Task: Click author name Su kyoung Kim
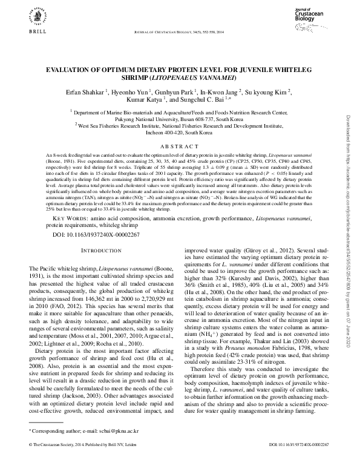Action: pyautogui.click(x=271, y=91)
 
